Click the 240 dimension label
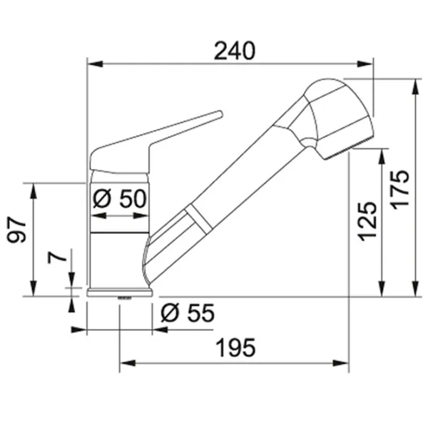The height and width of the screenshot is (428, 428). (x=235, y=51)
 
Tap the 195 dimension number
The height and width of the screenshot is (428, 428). (x=235, y=347)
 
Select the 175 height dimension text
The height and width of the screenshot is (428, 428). (x=400, y=190)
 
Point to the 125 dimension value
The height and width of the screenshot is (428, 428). (x=367, y=221)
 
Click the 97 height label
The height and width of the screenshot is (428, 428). (x=16, y=230)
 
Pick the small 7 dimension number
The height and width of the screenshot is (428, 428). (x=57, y=257)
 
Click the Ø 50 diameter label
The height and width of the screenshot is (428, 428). (x=120, y=198)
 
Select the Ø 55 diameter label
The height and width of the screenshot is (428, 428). (x=188, y=313)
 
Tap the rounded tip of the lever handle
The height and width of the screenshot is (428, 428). (x=220, y=114)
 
